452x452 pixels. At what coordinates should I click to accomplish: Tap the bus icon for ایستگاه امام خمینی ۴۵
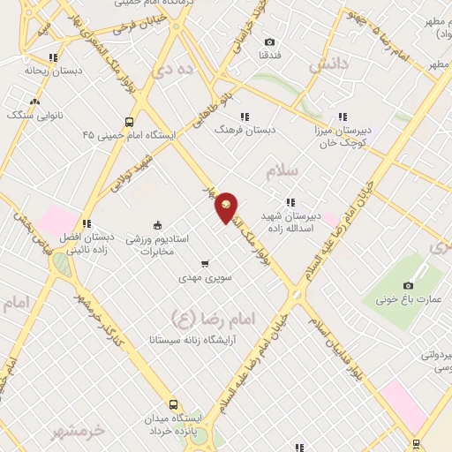pos(130,122)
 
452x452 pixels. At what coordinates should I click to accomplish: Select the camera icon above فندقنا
pos(269,41)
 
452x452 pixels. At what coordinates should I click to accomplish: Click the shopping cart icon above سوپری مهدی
pos(205,263)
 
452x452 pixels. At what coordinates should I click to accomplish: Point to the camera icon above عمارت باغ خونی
pos(408,285)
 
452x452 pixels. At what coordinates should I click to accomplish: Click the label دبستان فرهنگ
pos(245,129)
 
